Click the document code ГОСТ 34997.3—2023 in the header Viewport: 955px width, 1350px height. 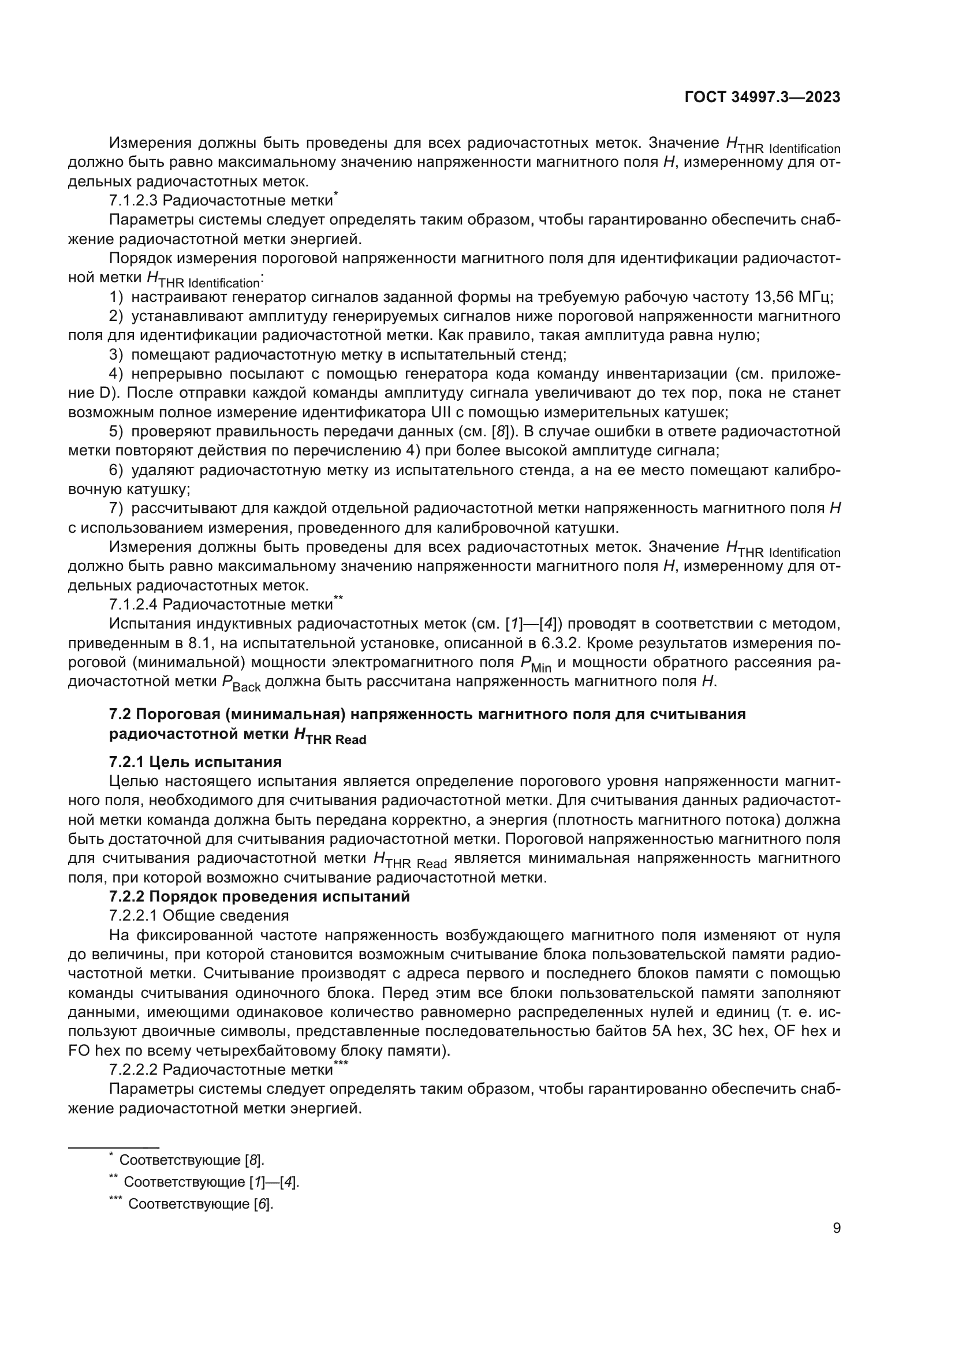tap(762, 98)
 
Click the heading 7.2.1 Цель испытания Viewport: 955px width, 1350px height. tap(195, 762)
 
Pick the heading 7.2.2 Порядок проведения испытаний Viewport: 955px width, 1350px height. tap(259, 897)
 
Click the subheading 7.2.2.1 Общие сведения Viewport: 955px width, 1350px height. tap(199, 915)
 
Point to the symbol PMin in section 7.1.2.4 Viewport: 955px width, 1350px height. tap(535, 664)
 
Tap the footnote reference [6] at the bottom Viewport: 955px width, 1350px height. tap(263, 1203)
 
